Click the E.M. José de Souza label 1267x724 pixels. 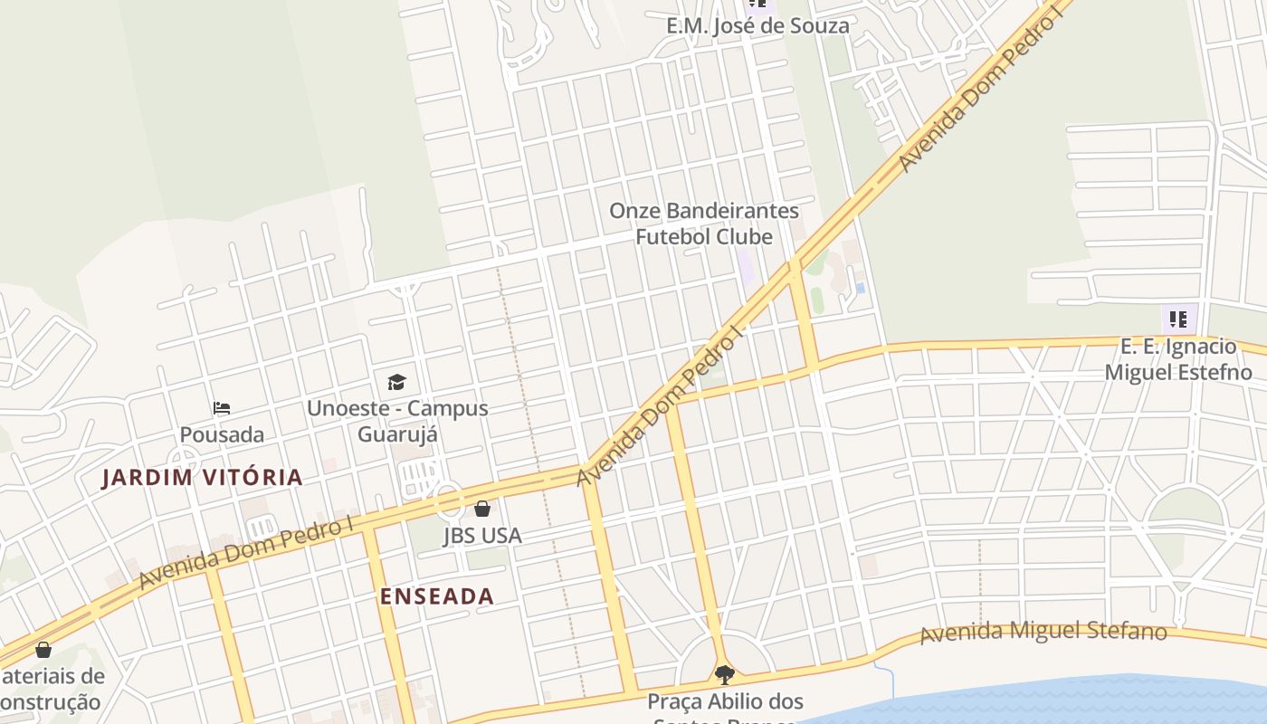tap(757, 25)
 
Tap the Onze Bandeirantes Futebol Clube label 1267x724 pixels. tap(704, 224)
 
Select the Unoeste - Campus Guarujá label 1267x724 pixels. tap(397, 421)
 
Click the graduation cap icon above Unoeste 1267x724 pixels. tap(396, 382)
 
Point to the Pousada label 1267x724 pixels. tap(222, 434)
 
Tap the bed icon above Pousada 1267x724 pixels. tap(222, 408)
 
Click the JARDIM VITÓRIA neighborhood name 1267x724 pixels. tap(202, 478)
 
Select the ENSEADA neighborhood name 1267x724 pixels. tap(437, 595)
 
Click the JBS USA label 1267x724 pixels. tap(482, 536)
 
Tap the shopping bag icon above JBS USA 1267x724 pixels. tap(482, 509)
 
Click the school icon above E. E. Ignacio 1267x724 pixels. tap(1177, 319)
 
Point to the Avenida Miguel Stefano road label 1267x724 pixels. tap(1043, 631)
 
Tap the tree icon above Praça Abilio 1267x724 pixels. tap(724, 674)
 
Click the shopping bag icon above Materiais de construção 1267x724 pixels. tap(43, 649)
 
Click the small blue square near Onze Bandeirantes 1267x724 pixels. tap(860, 288)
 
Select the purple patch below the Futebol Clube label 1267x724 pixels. tap(745, 265)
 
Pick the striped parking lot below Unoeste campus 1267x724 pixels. tap(420, 475)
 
